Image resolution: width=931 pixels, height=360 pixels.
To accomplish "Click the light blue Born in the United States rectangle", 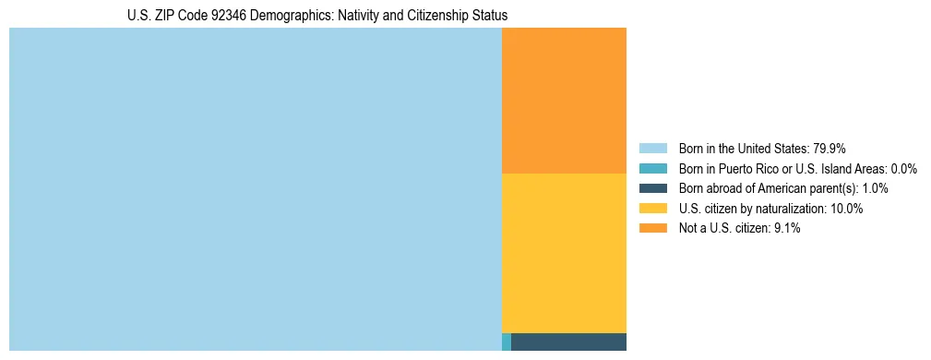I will [x=255, y=189].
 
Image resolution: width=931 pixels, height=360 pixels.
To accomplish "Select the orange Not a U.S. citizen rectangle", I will [x=564, y=101].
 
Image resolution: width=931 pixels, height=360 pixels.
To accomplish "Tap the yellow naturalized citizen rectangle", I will [x=564, y=253].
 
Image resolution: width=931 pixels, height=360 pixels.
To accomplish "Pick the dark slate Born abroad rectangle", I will [x=568, y=342].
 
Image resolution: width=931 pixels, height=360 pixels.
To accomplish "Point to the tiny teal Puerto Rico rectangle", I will [x=507, y=342].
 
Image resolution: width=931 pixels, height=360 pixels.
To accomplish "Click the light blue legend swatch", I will [x=652, y=148].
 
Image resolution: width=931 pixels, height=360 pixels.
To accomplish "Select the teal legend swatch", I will [x=652, y=168].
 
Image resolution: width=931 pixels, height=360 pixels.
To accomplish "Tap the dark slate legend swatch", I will [x=652, y=188].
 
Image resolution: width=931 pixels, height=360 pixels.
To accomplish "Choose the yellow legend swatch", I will [x=652, y=209].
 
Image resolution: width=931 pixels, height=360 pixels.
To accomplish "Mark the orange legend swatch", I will [x=652, y=229].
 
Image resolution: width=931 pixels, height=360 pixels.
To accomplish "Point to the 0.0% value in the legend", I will [x=903, y=168].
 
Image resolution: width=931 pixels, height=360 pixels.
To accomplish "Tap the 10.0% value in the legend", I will [x=847, y=209].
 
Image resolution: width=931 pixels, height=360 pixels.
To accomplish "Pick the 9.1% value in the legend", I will [x=786, y=229].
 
